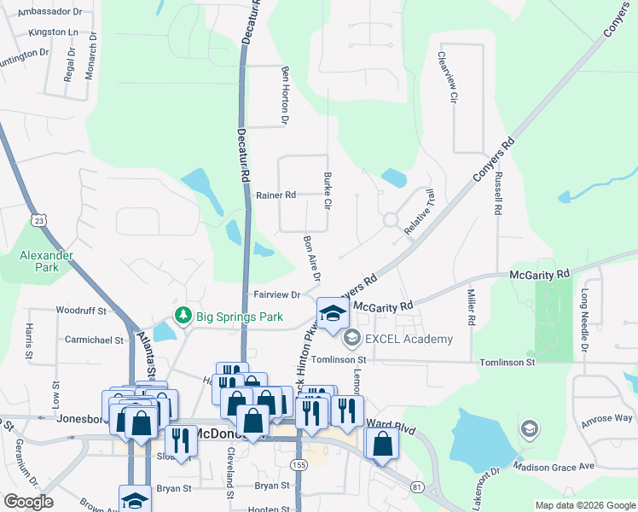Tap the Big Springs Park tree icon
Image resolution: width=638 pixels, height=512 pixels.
tap(183, 317)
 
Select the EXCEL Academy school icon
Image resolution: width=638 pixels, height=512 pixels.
tap(351, 340)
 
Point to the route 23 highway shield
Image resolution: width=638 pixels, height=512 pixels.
tap(39, 220)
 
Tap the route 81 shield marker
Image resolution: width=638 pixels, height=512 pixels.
tap(416, 486)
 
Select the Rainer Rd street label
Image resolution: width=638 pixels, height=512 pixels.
tap(275, 195)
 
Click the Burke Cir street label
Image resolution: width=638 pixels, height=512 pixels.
tap(327, 191)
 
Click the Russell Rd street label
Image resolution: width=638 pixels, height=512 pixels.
tap(497, 195)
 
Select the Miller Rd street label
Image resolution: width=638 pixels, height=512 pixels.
tap(471, 306)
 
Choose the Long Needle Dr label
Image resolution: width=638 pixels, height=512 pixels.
tap(585, 320)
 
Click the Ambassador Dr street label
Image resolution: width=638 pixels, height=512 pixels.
tap(55, 13)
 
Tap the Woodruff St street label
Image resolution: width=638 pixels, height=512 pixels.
tap(80, 311)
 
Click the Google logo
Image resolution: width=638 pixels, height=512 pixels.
tap(27, 502)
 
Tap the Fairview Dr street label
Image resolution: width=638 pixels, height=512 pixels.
tap(277, 295)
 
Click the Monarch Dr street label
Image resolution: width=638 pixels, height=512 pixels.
tap(90, 56)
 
